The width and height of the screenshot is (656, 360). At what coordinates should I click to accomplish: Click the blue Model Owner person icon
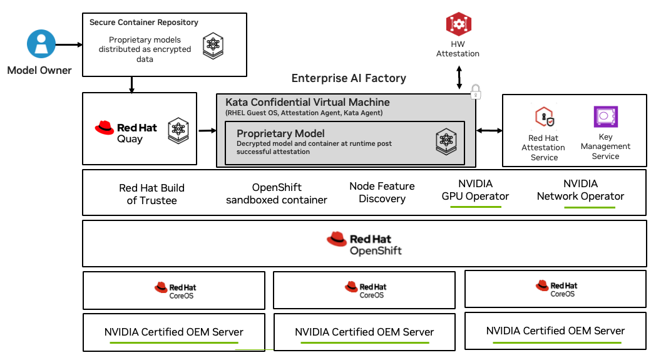(x=41, y=44)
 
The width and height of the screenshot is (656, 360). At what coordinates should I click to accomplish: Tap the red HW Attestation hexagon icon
(x=459, y=24)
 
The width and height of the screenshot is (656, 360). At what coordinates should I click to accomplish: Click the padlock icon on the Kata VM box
(x=475, y=91)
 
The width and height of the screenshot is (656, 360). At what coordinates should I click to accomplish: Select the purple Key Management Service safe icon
(x=605, y=116)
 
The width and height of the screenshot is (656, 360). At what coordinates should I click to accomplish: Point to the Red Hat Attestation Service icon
(x=545, y=117)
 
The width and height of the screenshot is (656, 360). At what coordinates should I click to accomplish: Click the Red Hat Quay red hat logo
(x=104, y=128)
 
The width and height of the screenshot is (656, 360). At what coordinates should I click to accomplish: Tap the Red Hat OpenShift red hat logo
(x=337, y=239)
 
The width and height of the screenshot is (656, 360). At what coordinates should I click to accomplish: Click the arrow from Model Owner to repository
(x=69, y=44)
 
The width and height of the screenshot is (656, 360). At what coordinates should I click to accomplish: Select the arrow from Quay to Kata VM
(x=207, y=131)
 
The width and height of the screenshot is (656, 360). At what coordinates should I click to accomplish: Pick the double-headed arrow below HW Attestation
(x=459, y=78)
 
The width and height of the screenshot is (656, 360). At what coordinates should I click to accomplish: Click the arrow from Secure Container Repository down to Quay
(x=132, y=85)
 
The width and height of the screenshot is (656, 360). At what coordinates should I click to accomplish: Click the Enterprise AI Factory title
(x=349, y=78)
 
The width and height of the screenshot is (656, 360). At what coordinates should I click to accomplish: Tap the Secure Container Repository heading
(x=144, y=22)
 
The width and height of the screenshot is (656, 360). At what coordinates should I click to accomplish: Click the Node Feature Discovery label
(x=382, y=192)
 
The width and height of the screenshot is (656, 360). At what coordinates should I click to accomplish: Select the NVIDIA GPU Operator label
(x=475, y=190)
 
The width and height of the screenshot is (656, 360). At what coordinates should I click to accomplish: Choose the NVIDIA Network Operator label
(x=580, y=190)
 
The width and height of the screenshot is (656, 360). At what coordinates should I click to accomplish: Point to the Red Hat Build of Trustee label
(x=151, y=194)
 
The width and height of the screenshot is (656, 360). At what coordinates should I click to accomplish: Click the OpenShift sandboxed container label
(x=277, y=193)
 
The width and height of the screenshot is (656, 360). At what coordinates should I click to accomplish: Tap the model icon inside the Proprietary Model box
(x=446, y=141)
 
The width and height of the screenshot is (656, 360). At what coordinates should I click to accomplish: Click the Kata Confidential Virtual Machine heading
(x=307, y=102)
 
